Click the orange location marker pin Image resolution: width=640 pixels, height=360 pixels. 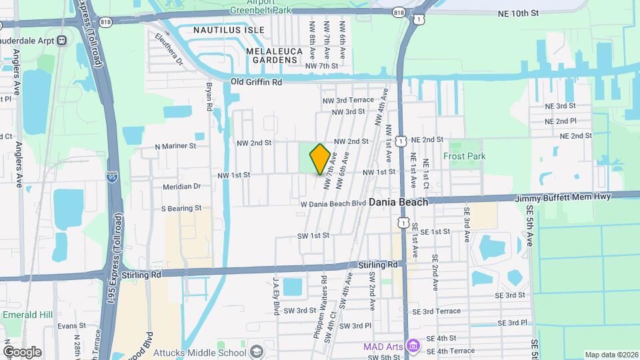tap(320, 159)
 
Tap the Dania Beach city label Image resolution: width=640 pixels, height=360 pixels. tap(398, 201)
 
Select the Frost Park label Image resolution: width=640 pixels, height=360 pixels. tap(464, 157)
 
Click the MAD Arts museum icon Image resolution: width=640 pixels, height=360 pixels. tap(413, 347)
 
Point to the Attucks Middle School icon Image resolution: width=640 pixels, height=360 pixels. tap(256, 353)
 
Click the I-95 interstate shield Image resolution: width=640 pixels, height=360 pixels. tap(111, 177)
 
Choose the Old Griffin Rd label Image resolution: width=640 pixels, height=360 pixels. tap(257, 81)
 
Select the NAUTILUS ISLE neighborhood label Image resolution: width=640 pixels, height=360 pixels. tap(229, 30)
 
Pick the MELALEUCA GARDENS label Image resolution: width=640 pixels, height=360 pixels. tap(271, 55)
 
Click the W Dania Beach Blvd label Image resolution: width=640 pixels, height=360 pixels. tap(333, 203)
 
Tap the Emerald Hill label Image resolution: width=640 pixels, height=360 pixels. tap(23, 315)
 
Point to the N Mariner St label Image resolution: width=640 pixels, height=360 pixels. tap(175, 145)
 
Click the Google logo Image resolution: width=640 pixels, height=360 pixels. tap(21, 351)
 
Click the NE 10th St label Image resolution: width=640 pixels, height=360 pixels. tap(517, 13)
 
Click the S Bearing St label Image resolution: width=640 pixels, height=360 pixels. tap(181, 208)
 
